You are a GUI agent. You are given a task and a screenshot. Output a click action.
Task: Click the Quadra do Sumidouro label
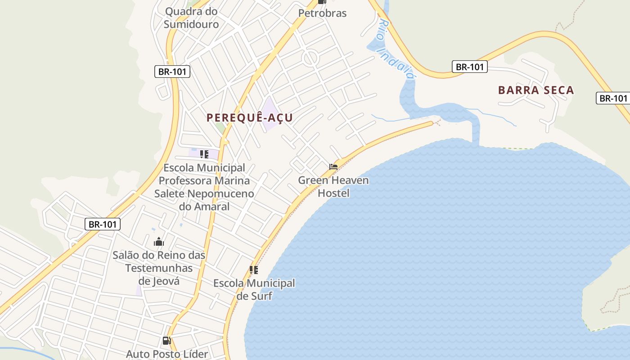[191, 18]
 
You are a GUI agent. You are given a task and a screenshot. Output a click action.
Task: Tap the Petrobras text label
[323, 13]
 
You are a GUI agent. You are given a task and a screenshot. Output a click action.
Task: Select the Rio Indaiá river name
[396, 49]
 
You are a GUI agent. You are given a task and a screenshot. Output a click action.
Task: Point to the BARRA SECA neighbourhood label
[536, 90]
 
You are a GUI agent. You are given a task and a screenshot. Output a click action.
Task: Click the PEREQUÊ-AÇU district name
[250, 118]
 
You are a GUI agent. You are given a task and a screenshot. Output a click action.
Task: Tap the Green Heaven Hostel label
[333, 187]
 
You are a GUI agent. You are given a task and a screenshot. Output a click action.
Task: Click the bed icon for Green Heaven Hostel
[333, 166]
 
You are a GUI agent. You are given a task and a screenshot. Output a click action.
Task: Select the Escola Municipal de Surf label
[254, 290]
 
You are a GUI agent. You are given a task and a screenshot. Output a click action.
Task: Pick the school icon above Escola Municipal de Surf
[254, 270]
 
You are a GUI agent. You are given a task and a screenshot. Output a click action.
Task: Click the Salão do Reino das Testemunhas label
[159, 262]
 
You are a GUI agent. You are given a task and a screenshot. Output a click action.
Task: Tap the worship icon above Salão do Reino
[159, 242]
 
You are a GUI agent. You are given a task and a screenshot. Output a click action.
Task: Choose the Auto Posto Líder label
[167, 354]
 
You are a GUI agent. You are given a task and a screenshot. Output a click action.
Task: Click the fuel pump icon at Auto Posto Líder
[166, 341]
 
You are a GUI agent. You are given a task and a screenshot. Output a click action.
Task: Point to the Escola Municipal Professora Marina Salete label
[204, 187]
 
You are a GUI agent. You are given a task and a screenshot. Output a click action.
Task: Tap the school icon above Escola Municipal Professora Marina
[204, 154]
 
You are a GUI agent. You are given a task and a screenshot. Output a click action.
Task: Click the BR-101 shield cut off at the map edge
[613, 98]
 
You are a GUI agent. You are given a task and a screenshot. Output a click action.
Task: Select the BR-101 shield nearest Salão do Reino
[103, 224]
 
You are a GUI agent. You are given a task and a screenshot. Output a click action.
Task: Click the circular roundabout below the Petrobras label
[310, 58]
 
